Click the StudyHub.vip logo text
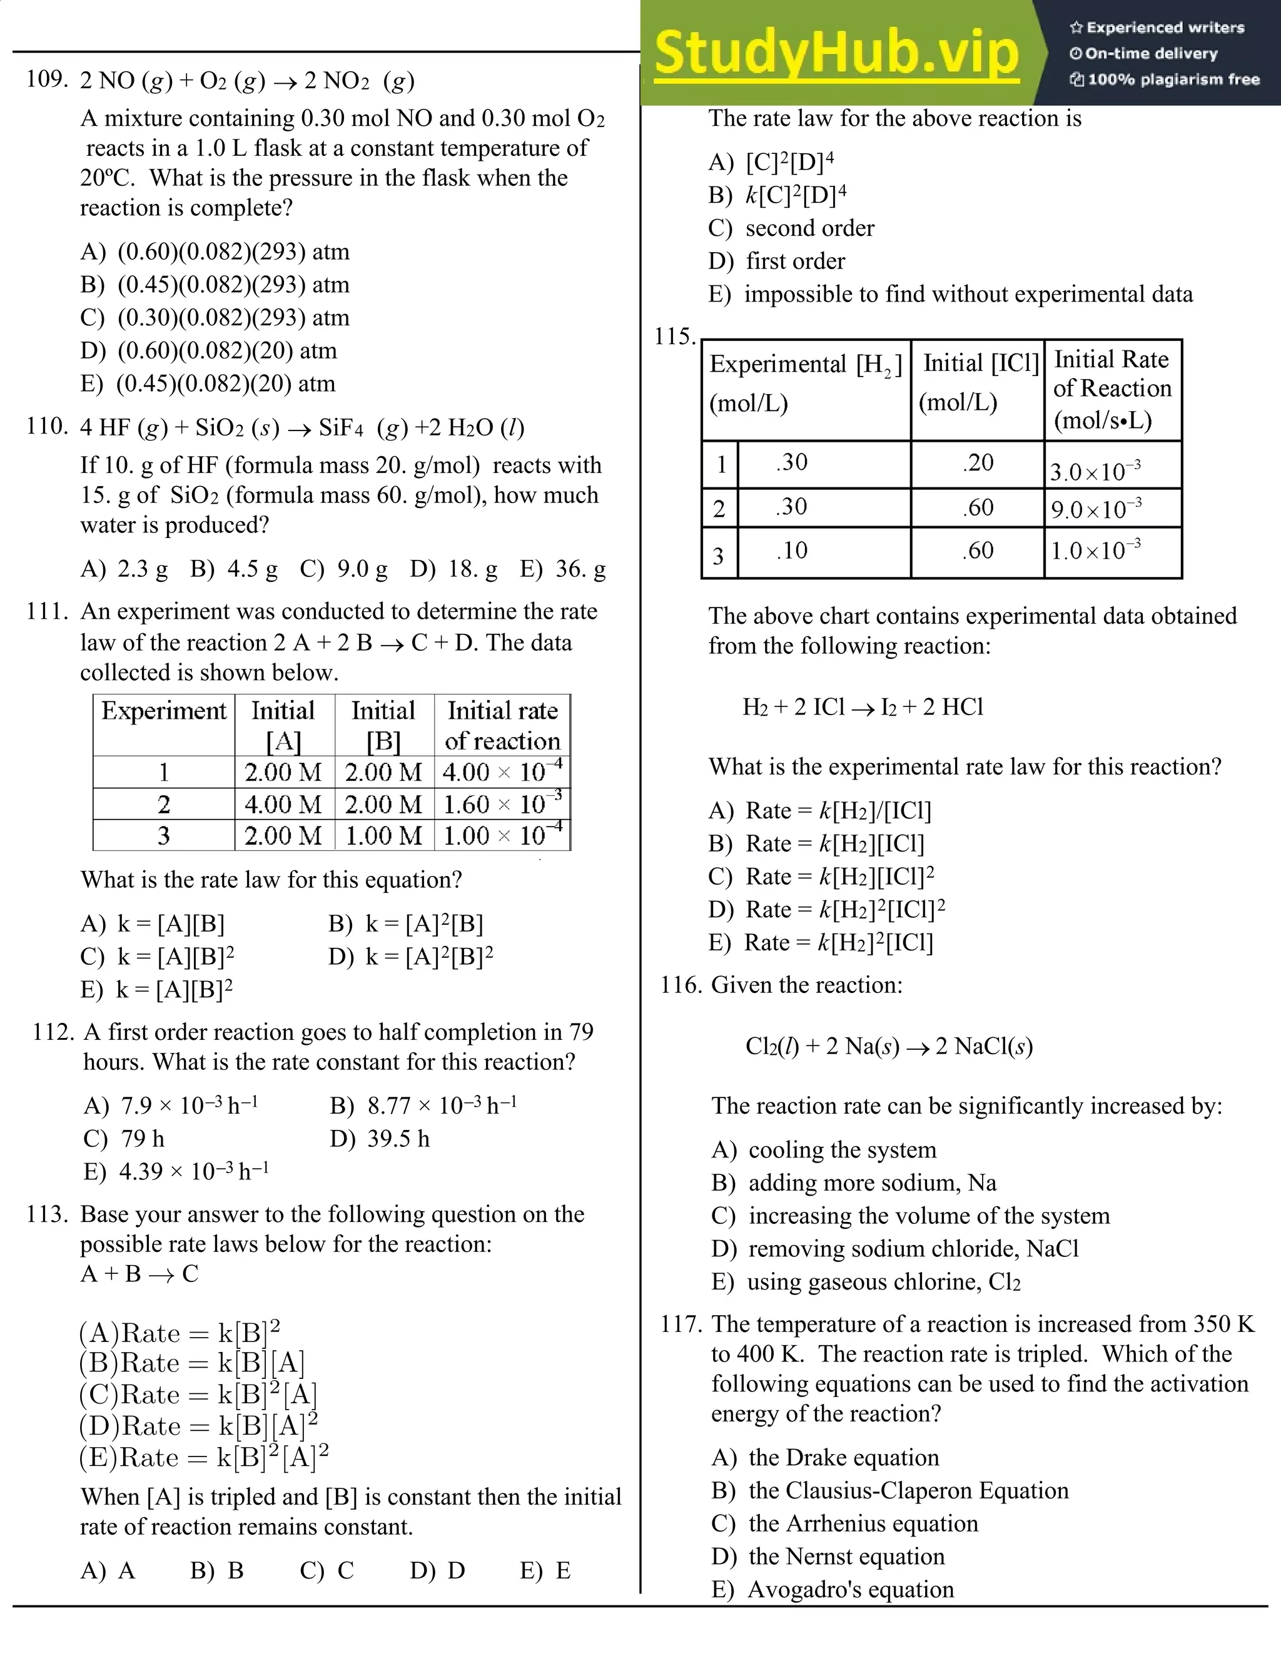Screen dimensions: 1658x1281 coord(836,53)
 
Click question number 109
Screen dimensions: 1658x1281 coord(47,79)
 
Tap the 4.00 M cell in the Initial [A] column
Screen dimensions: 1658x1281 coord(283,804)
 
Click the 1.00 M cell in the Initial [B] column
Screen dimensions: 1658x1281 coord(383,836)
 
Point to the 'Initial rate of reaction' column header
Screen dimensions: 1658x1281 coord(502,725)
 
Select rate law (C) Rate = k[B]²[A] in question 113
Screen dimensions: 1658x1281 coord(199,1395)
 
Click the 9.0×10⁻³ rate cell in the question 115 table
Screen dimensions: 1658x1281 coord(1096,509)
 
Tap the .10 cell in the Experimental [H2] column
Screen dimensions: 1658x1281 coord(791,551)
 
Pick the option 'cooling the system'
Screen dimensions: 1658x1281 coord(842,1150)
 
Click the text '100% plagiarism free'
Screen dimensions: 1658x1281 coord(1173,79)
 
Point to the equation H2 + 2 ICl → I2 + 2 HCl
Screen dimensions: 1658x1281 coord(863,707)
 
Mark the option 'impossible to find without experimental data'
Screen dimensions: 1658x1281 coord(968,295)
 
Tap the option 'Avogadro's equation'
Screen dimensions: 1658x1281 coord(850,1590)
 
